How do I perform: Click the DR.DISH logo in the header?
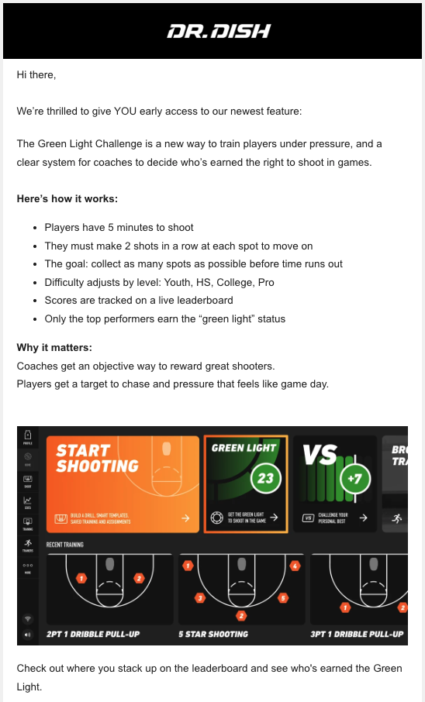[x=219, y=32]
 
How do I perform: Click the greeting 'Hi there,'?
[x=36, y=75]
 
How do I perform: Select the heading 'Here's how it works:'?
[x=67, y=199]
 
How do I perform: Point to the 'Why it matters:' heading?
[x=54, y=348]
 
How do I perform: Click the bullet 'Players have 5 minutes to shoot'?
[x=119, y=228]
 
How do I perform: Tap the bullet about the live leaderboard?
[x=138, y=300]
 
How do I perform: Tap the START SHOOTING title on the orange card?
[x=97, y=458]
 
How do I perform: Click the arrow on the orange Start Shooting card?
[x=185, y=518]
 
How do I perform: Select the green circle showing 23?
[x=264, y=478]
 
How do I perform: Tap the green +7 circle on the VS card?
[x=354, y=478]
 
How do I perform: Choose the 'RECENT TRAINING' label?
[x=64, y=545]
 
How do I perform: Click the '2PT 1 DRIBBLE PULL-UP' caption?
[x=93, y=634]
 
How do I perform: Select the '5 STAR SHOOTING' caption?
[x=213, y=634]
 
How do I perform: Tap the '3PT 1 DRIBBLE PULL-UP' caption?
[x=356, y=634]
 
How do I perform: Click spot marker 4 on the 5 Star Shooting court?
[x=295, y=566]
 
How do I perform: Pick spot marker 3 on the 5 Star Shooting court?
[x=200, y=598]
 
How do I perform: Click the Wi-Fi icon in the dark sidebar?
[x=28, y=619]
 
